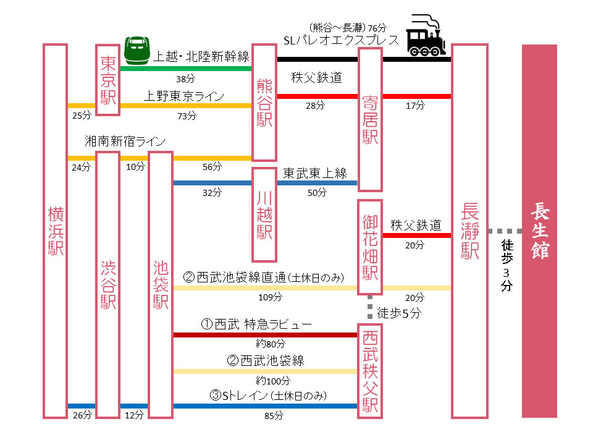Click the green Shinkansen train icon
pyautogui.click(x=138, y=50)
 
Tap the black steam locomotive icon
pyautogui.click(x=427, y=35)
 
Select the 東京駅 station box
pyautogui.click(x=108, y=80)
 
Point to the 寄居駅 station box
pyautogui.click(x=369, y=119)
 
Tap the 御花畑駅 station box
pyautogui.click(x=369, y=247)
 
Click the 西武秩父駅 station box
pyautogui.click(x=369, y=371)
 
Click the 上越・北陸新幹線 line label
pyautogui.click(x=201, y=57)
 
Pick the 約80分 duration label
pyautogui.click(x=270, y=344)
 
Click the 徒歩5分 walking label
pyautogui.click(x=398, y=313)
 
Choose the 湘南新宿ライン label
pyautogui.click(x=126, y=142)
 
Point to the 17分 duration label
pyautogui.click(x=415, y=106)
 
